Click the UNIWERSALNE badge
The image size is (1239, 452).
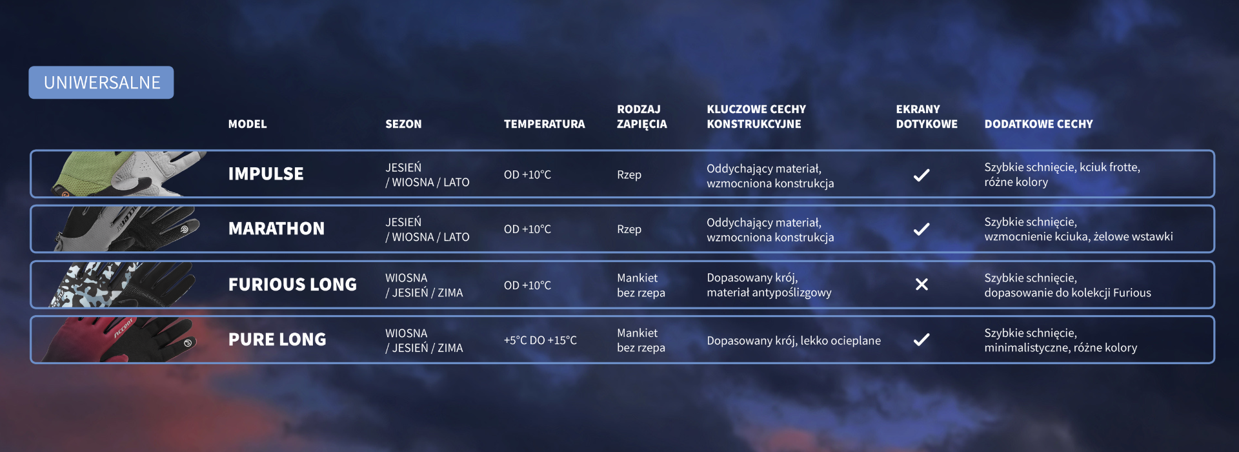click(x=101, y=83)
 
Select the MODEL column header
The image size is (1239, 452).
click(x=247, y=124)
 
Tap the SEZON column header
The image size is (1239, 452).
click(x=403, y=124)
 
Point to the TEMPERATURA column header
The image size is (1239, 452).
click(x=544, y=124)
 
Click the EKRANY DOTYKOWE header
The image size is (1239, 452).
click(x=927, y=116)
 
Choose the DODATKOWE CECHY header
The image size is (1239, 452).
click(x=1038, y=124)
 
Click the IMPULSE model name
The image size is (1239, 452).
click(x=266, y=174)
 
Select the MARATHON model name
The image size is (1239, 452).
click(x=276, y=229)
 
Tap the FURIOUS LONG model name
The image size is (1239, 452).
click(x=292, y=284)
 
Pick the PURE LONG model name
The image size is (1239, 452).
click(x=277, y=339)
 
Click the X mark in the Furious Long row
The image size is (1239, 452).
click(x=922, y=284)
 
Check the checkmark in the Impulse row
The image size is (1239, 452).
click(x=922, y=174)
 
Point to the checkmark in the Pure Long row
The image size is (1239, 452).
click(x=922, y=339)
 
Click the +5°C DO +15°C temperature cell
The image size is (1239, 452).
click(x=540, y=340)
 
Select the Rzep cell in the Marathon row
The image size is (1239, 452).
click(x=629, y=229)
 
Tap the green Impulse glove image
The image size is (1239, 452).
click(x=129, y=174)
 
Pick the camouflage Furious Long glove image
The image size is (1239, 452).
click(x=123, y=284)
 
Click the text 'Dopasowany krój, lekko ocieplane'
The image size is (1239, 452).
click(x=794, y=340)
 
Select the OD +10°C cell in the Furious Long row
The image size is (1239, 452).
click(x=527, y=285)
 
